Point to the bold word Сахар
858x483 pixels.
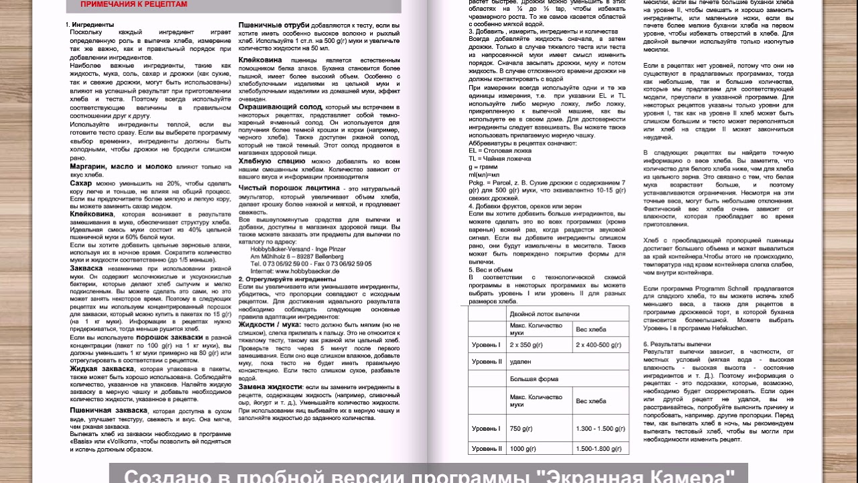click(x=81, y=183)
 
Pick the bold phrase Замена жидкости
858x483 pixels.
click(x=270, y=387)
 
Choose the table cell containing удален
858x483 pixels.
click(x=520, y=362)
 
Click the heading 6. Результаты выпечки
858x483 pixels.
click(x=677, y=344)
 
